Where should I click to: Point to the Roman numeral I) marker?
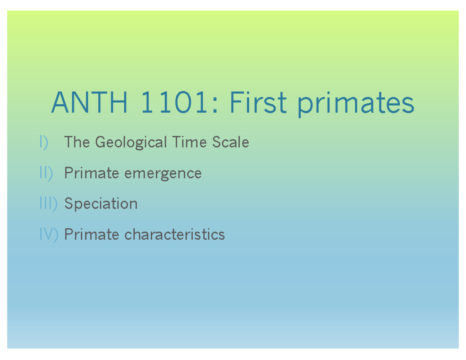pyautogui.click(x=43, y=143)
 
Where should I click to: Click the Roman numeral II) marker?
pyautogui.click(x=46, y=173)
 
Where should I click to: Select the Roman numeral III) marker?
pyautogui.click(x=48, y=203)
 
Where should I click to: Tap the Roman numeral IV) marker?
pyautogui.click(x=49, y=234)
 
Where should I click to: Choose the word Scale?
pyautogui.click(x=230, y=142)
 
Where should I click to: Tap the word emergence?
pyautogui.click(x=163, y=174)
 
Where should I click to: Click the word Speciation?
pyautogui.click(x=101, y=204)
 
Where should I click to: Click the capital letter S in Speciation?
pyautogui.click(x=68, y=203)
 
